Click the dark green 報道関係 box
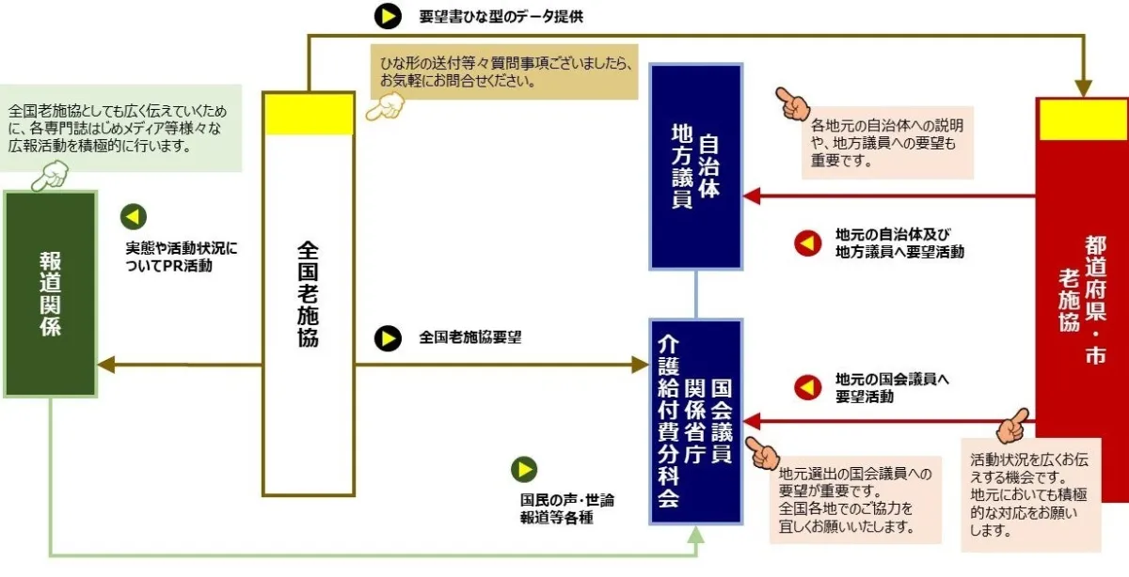click(x=50, y=293)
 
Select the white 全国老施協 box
click(x=308, y=310)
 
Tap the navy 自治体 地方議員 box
click(x=695, y=166)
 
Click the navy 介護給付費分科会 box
click(x=695, y=421)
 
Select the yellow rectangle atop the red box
click(x=1082, y=119)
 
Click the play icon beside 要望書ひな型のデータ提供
click(x=387, y=16)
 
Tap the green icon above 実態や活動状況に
click(x=133, y=217)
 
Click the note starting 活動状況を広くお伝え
click(x=1031, y=495)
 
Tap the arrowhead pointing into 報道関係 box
click(x=106, y=364)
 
